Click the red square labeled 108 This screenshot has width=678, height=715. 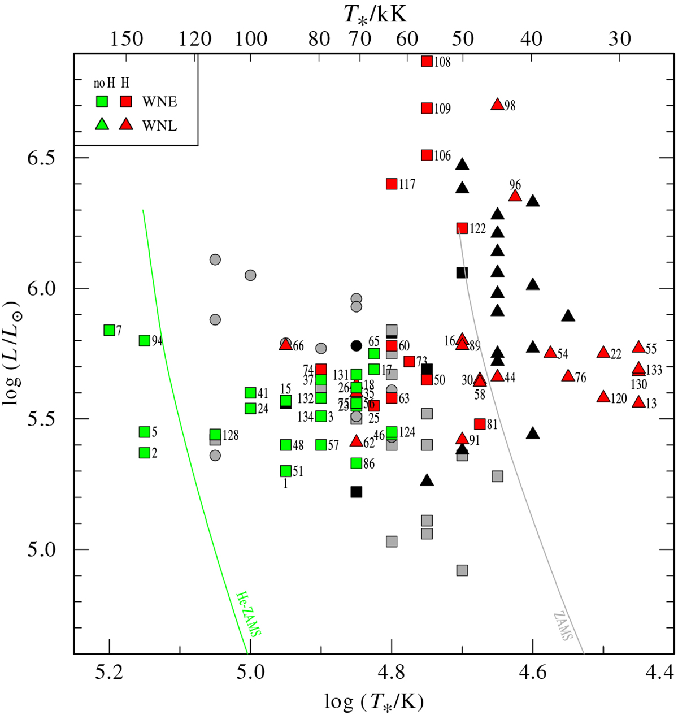[427, 61]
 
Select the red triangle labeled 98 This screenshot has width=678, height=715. [497, 105]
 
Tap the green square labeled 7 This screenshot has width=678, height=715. [110, 330]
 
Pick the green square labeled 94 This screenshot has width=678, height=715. [145, 340]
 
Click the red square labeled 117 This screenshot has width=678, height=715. [392, 184]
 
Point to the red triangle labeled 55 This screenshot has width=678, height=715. [638, 348]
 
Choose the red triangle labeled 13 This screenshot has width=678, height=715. [638, 402]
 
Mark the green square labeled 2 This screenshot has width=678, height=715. [145, 453]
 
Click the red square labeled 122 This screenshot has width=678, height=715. [462, 228]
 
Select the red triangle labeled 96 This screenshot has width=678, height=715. [515, 196]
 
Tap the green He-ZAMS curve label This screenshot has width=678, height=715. [248, 614]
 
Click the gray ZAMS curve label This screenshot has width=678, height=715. [563, 626]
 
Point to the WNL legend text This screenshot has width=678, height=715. [160, 125]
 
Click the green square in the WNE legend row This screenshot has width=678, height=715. [102, 102]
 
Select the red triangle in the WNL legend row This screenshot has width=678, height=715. [126, 124]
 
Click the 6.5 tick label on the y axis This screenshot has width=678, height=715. [41, 157]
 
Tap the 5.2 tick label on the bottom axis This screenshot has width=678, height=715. [109, 672]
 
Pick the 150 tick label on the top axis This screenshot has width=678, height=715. [127, 39]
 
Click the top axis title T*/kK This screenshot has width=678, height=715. [375, 14]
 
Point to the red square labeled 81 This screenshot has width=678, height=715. [480, 424]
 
